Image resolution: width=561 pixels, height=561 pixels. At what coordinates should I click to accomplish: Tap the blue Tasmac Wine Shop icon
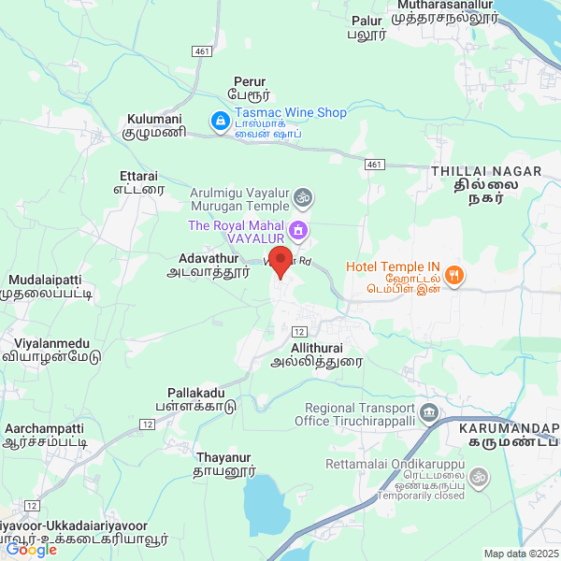point(220,122)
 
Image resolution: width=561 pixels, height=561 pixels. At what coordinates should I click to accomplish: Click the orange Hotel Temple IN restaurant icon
point(453,274)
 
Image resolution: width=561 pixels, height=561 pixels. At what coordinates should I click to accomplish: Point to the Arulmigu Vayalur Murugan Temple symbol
point(301,197)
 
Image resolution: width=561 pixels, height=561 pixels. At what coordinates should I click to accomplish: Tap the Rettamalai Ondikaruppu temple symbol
point(476,478)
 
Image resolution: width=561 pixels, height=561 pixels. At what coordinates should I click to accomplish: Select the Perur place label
point(249,88)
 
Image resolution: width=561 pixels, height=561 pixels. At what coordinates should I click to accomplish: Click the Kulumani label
point(156,126)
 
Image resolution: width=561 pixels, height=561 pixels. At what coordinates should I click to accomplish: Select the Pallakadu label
point(196,399)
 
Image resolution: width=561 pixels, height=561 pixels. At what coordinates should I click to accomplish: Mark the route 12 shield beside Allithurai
point(299,332)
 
